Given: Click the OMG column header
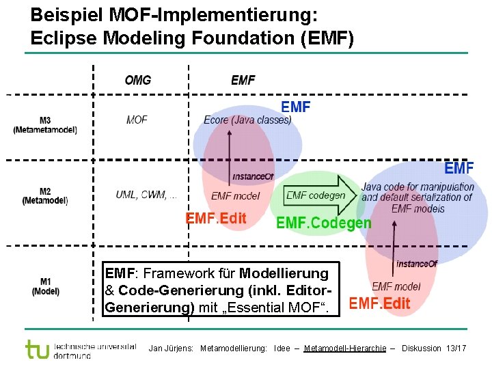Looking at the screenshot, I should [x=137, y=81].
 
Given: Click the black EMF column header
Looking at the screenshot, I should [x=243, y=81].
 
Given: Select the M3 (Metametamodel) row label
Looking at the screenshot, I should [x=45, y=125].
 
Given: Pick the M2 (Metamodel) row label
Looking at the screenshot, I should [x=45, y=196].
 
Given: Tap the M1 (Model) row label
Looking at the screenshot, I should [x=45, y=286].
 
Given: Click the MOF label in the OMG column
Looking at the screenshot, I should [x=137, y=120].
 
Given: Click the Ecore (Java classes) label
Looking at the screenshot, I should [x=247, y=120].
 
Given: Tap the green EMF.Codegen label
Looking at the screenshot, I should [x=323, y=223].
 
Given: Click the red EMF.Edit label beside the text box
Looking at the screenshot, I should [x=379, y=303].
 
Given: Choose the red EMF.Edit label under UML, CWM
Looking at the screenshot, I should [x=216, y=219].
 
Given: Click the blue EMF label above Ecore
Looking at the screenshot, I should [x=296, y=107].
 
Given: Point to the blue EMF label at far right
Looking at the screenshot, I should [x=459, y=167].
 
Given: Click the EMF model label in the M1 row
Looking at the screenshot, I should [x=396, y=286].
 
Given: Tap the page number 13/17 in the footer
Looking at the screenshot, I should [x=455, y=348].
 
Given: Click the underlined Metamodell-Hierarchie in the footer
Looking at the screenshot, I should [x=345, y=348].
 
